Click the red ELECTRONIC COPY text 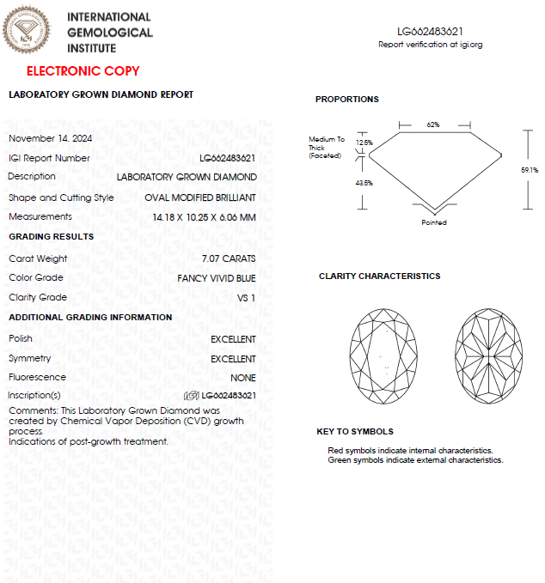(x=83, y=71)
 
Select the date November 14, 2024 (x=51, y=138)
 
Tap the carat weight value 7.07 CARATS (x=228, y=258)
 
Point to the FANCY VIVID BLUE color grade (x=217, y=278)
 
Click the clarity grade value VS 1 (x=246, y=298)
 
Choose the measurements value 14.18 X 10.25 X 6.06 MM (x=198, y=217)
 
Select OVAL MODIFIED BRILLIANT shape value (x=200, y=197)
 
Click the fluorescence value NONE (x=243, y=378)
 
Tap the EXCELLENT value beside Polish (x=233, y=339)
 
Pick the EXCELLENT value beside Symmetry (x=233, y=359)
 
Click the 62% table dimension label (x=433, y=124)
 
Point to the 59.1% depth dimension (x=530, y=170)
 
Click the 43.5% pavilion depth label (x=364, y=183)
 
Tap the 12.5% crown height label (x=364, y=143)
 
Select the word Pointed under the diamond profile (x=434, y=223)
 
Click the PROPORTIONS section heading (x=347, y=100)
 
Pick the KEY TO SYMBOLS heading (x=355, y=432)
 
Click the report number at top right (x=430, y=31)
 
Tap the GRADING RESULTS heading (x=52, y=237)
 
